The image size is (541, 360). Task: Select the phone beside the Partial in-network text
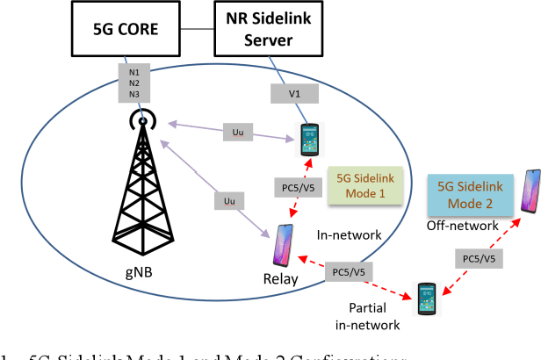426,300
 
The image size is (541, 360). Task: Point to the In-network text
350,234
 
